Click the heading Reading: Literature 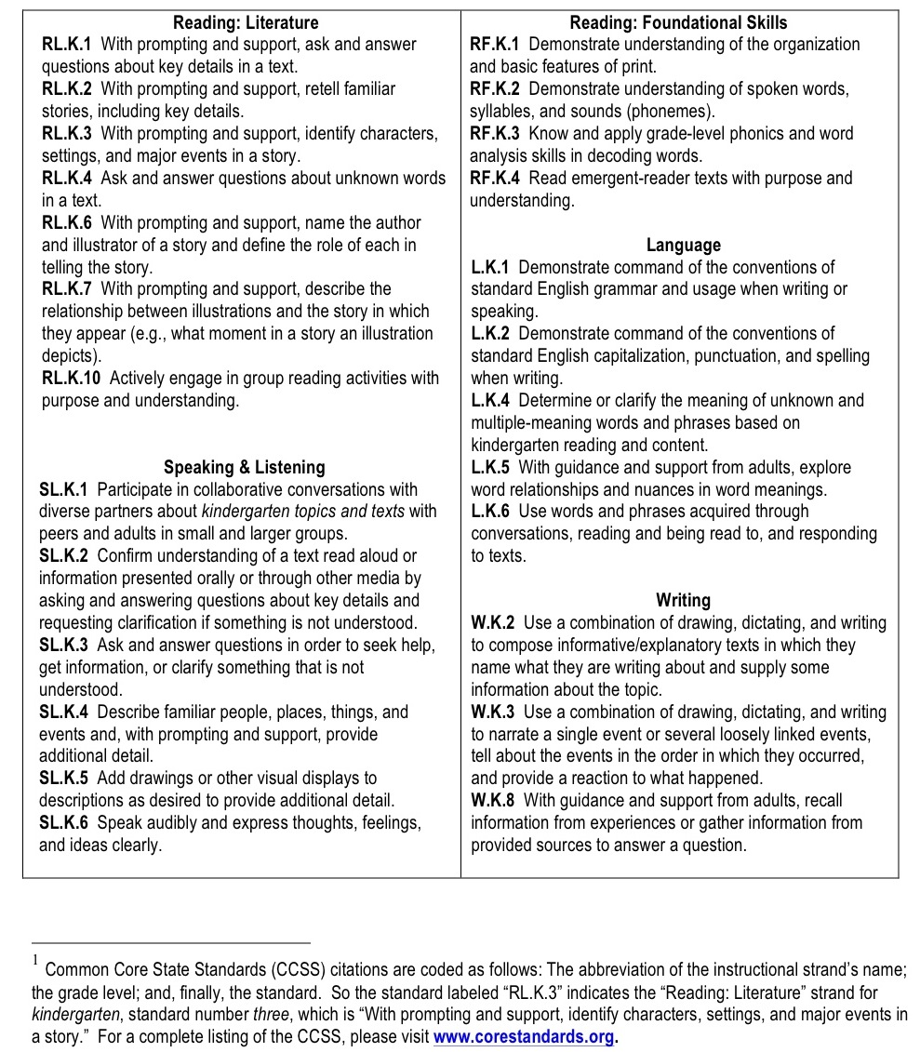tap(246, 22)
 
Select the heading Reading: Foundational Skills tap(678, 22)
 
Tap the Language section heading tap(683, 245)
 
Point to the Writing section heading tap(683, 600)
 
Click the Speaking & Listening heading tap(244, 467)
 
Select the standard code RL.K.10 tap(72, 378)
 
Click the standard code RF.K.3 tap(496, 134)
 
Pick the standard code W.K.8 tap(494, 800)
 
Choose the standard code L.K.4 tap(491, 400)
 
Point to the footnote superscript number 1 tap(34, 959)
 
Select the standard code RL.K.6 tap(67, 222)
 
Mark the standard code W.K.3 tap(494, 712)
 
